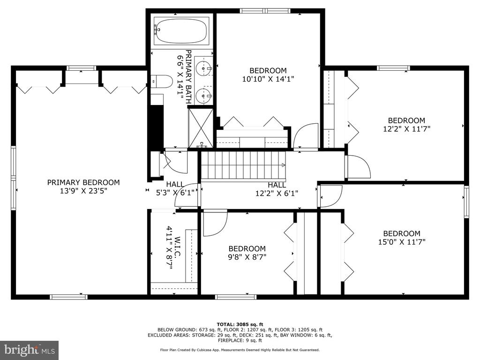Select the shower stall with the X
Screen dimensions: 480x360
coord(201,128)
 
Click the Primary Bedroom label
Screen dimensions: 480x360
coord(83,182)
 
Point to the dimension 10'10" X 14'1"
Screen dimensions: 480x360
coord(268,79)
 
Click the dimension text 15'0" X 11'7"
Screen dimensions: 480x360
coord(402,242)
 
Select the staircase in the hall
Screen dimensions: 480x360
coord(243,165)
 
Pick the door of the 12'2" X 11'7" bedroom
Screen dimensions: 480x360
coord(359,167)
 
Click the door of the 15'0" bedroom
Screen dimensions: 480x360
coord(330,196)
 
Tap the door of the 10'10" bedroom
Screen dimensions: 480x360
coord(306,136)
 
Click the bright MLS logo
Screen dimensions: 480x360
coord(30,349)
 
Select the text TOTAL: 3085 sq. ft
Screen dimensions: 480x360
coord(240,324)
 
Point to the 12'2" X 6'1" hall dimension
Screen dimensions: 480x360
coord(277,194)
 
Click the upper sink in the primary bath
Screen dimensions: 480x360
coord(203,68)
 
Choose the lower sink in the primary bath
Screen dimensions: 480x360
coord(203,96)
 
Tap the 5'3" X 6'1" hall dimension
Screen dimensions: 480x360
coord(175,193)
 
